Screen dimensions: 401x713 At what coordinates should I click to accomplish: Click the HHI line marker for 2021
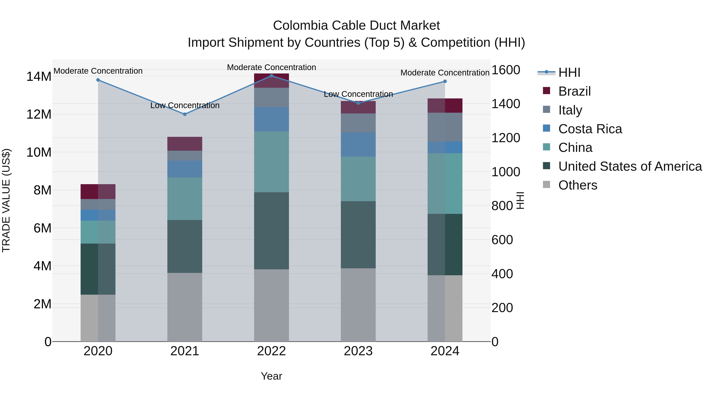coord(185,114)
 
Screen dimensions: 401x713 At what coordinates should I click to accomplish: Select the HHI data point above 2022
coord(272,76)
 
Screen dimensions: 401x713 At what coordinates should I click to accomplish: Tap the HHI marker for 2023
coord(358,103)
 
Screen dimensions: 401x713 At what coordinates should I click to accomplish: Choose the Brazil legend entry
coord(574,91)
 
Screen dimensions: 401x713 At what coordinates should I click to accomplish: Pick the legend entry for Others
coord(578,185)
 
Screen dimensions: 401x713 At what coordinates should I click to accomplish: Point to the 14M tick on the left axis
coord(39,77)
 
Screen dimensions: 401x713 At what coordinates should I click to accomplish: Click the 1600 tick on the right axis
coord(505,70)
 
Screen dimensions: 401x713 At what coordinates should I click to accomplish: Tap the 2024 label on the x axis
coord(445,351)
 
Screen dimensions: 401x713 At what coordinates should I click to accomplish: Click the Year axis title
coord(271,376)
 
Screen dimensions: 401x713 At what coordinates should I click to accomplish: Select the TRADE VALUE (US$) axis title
coord(6,200)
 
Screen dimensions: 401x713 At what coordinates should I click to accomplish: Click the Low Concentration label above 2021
coord(185,105)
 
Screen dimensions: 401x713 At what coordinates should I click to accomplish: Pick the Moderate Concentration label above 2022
coord(271,67)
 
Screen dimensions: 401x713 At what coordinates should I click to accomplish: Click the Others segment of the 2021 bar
coord(185,307)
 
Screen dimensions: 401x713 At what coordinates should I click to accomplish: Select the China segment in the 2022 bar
coord(272,162)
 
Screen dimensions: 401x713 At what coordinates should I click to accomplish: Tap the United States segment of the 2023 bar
coord(358,235)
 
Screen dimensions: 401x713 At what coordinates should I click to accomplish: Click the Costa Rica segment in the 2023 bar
coord(358,145)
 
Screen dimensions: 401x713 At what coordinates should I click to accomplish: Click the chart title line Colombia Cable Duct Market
coord(356,26)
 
